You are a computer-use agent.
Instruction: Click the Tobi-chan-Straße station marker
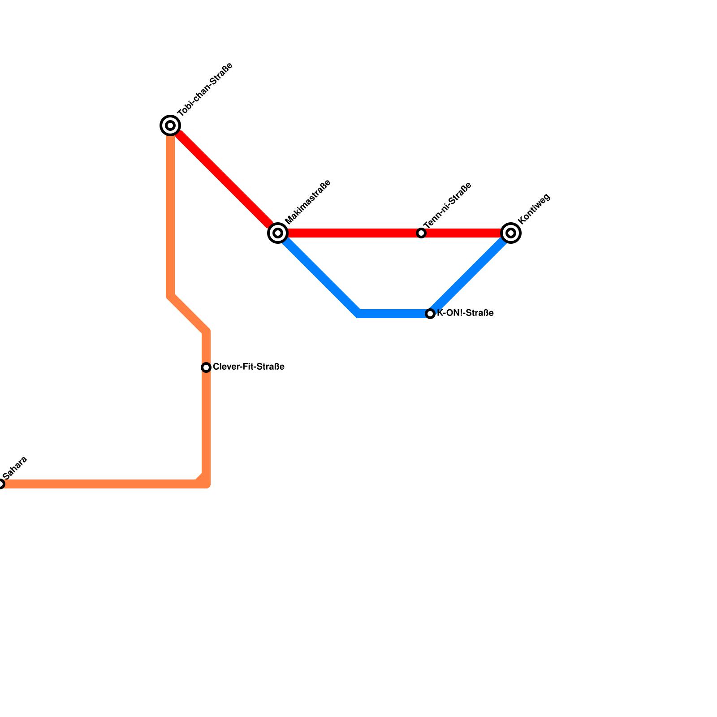pyautogui.click(x=170, y=125)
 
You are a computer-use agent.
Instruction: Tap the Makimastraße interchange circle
pyautogui.click(x=278, y=233)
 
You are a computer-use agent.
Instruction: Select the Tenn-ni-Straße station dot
pyautogui.click(x=421, y=233)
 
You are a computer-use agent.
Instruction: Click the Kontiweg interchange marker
pyautogui.click(x=511, y=233)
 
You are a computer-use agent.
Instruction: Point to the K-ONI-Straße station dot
pyautogui.click(x=430, y=314)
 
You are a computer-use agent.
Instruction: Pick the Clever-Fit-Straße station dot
pyautogui.click(x=206, y=367)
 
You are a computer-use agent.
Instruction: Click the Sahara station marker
pyautogui.click(x=1, y=484)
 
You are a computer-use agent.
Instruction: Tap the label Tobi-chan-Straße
pyautogui.click(x=205, y=89)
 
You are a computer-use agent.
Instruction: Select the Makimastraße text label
pyautogui.click(x=308, y=202)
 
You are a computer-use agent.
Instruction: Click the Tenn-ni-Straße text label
pyautogui.click(x=447, y=205)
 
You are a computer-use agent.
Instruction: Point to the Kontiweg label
pyautogui.click(x=533, y=209)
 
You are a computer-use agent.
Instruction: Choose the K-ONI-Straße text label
pyautogui.click(x=465, y=313)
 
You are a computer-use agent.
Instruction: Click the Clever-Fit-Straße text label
pyautogui.click(x=249, y=367)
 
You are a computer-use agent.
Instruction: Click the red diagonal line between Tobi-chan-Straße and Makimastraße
pyautogui.click(x=224, y=179)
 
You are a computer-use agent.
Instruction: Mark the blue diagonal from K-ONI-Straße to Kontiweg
pyautogui.click(x=471, y=273)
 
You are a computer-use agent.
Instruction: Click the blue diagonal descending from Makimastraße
pyautogui.click(x=318, y=273)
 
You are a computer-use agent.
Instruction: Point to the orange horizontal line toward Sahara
pyautogui.click(x=99, y=484)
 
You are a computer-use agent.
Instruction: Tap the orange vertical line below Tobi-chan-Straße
pyautogui.click(x=170, y=215)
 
